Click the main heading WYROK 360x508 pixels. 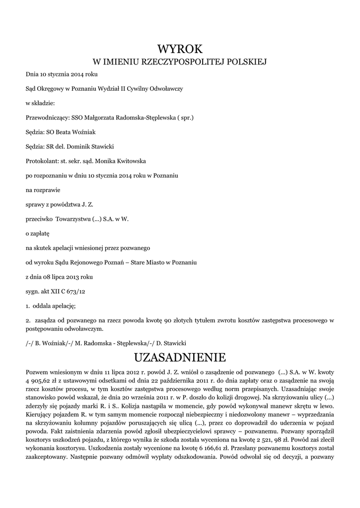(180, 49)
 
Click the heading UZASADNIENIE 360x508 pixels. (180, 357)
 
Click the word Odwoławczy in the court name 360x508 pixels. (165, 89)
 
